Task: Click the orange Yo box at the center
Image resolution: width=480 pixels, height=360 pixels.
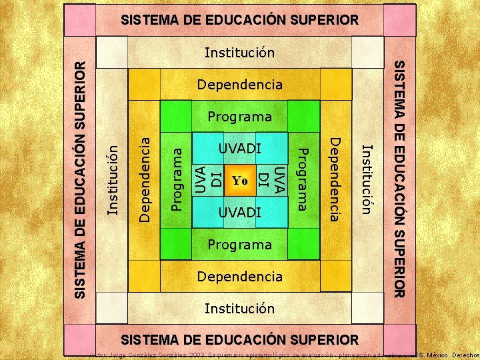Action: click(240, 181)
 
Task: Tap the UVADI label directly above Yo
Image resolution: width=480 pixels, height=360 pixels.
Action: click(240, 148)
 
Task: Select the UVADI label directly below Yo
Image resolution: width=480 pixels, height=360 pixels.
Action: click(240, 213)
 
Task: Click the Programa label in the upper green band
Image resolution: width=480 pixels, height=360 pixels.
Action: click(240, 117)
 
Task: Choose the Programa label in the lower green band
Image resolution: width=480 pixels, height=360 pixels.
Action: click(240, 245)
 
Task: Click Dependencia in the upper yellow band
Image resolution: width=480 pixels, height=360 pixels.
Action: click(240, 85)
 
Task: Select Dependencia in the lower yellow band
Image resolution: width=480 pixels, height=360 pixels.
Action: click(240, 276)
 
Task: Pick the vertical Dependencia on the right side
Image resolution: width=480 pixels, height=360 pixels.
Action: click(335, 179)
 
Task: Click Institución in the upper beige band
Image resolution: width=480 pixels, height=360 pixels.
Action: click(240, 53)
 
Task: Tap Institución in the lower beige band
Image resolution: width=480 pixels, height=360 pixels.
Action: click(240, 308)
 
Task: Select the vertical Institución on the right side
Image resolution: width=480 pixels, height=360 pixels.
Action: click(366, 179)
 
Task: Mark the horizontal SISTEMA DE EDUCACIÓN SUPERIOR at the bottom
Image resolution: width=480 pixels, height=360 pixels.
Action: click(240, 339)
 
